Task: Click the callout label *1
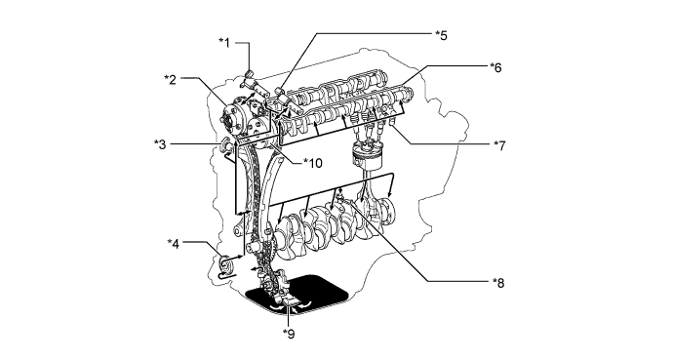pyautogui.click(x=224, y=42)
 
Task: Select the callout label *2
pyautogui.click(x=170, y=79)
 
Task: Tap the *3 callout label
pyautogui.click(x=160, y=144)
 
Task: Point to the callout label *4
pyautogui.click(x=173, y=243)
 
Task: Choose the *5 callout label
pyautogui.click(x=441, y=35)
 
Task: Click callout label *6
pyautogui.click(x=495, y=67)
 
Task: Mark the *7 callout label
pyautogui.click(x=499, y=145)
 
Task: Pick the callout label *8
pyautogui.click(x=498, y=283)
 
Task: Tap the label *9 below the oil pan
pyautogui.click(x=289, y=334)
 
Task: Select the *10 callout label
pyautogui.click(x=312, y=163)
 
